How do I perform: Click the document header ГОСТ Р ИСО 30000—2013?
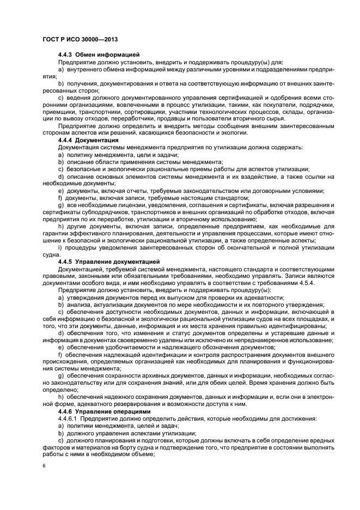(80, 40)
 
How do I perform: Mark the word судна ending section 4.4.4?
(51, 254)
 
